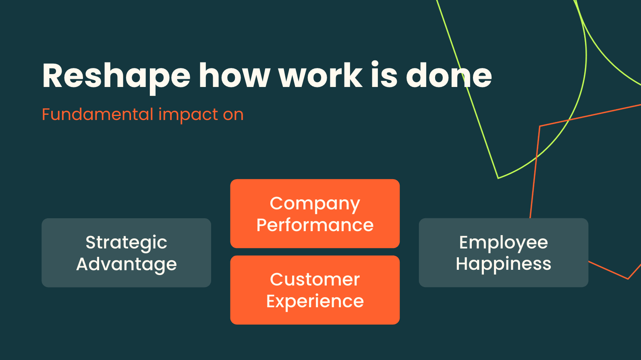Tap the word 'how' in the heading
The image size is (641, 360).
pyautogui.click(x=234, y=75)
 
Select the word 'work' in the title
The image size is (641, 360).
pyautogui.click(x=321, y=75)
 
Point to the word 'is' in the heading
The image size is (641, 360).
pyautogui.click(x=384, y=74)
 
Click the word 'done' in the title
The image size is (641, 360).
pyautogui.click(x=449, y=75)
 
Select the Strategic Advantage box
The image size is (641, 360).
pyautogui.click(x=126, y=253)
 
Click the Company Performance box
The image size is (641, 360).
pyautogui.click(x=315, y=213)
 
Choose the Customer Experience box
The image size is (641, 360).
pyautogui.click(x=315, y=290)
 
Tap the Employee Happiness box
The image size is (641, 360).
pyautogui.click(x=503, y=253)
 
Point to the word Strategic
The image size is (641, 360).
pyautogui.click(x=126, y=243)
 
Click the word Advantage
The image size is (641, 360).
pyautogui.click(x=127, y=265)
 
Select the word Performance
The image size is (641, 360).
pyautogui.click(x=315, y=225)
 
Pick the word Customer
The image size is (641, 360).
pyautogui.click(x=315, y=279)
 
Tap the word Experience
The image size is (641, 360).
pyautogui.click(x=315, y=302)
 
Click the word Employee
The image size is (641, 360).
pyautogui.click(x=503, y=243)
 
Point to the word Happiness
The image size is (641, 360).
pyautogui.click(x=503, y=265)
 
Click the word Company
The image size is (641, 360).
pyautogui.click(x=315, y=204)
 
